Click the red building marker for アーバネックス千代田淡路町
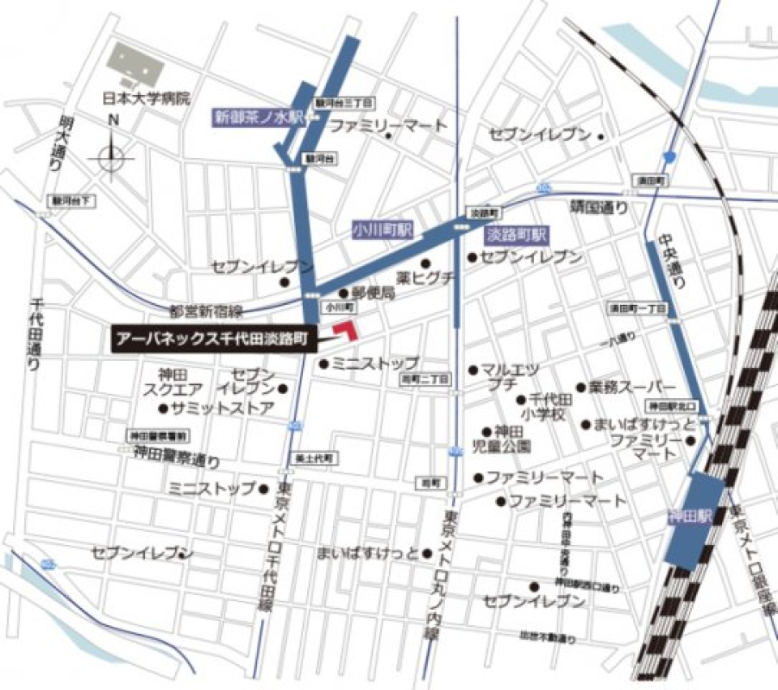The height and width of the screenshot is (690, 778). [x=347, y=329]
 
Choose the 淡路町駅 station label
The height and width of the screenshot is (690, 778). [x=516, y=235]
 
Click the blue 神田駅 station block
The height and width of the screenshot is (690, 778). [x=695, y=519]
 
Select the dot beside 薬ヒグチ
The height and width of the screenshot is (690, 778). [x=425, y=264]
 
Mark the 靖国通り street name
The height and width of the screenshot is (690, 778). [x=598, y=208]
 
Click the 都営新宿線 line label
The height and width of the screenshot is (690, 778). [x=206, y=311]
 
